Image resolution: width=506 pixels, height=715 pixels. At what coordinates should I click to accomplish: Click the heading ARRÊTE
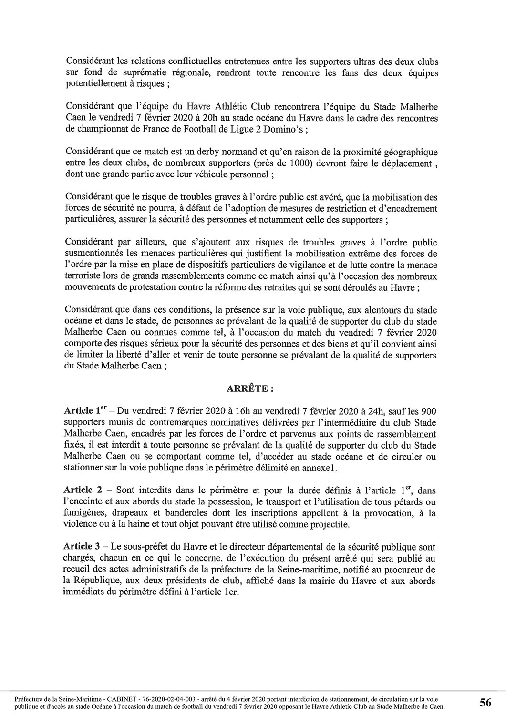click(249, 389)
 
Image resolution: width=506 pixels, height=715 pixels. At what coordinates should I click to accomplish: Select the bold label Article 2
click(81, 490)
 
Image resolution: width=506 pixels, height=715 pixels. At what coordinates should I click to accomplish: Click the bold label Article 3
click(81, 547)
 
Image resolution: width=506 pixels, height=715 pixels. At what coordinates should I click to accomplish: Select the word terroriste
click(83, 276)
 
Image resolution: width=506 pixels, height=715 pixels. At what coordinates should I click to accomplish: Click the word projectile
click(331, 524)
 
